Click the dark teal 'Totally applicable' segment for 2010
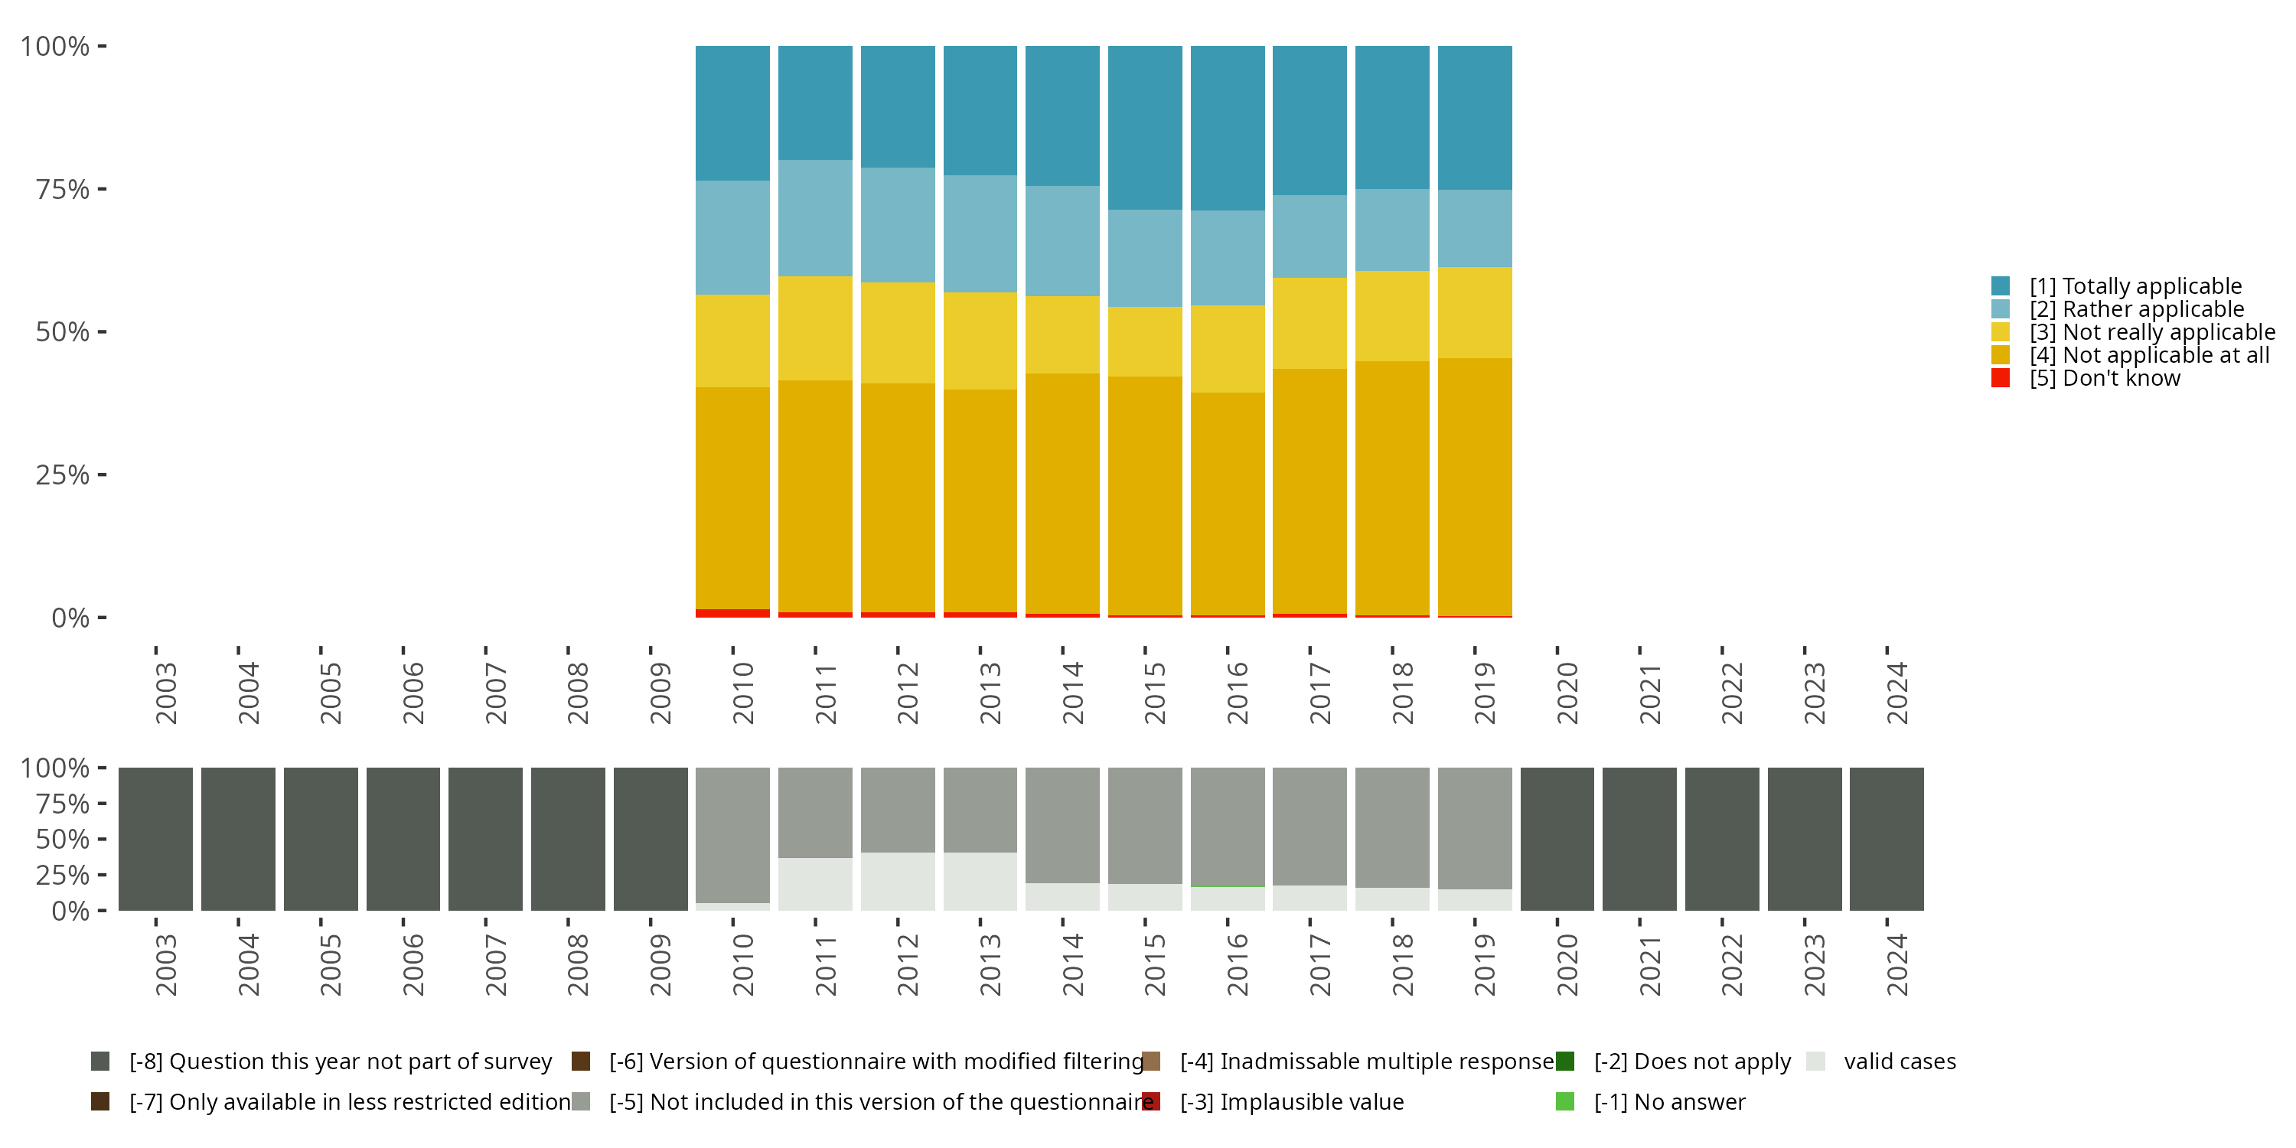732,113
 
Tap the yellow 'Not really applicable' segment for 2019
1474,313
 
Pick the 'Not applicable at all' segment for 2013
980,501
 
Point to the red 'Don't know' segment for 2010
732,613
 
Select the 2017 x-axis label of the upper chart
1319,693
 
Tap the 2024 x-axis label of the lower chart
1896,964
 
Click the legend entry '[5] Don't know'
2105,379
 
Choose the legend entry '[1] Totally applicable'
2135,286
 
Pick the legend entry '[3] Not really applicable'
2151,332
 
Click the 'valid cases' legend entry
1900,1062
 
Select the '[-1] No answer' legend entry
1669,1103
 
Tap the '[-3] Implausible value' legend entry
1292,1103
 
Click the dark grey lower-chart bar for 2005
321,839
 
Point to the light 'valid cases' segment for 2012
898,882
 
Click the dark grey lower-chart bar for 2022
1722,839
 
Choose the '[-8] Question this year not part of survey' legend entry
340,1062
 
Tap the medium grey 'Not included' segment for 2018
1391,827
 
